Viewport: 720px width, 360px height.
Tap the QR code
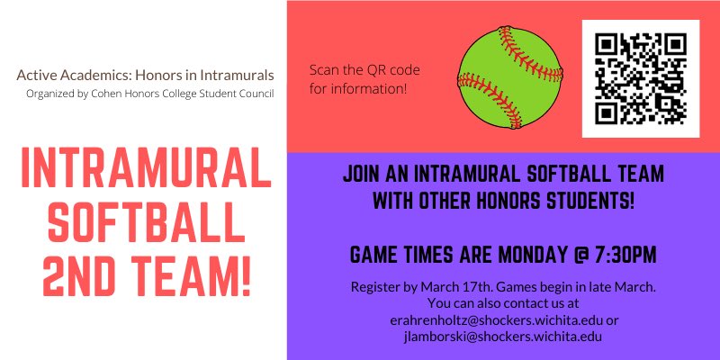coord(641,77)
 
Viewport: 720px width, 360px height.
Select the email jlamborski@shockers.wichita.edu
coord(503,336)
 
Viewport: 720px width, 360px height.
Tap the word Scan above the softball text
coord(326,70)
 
